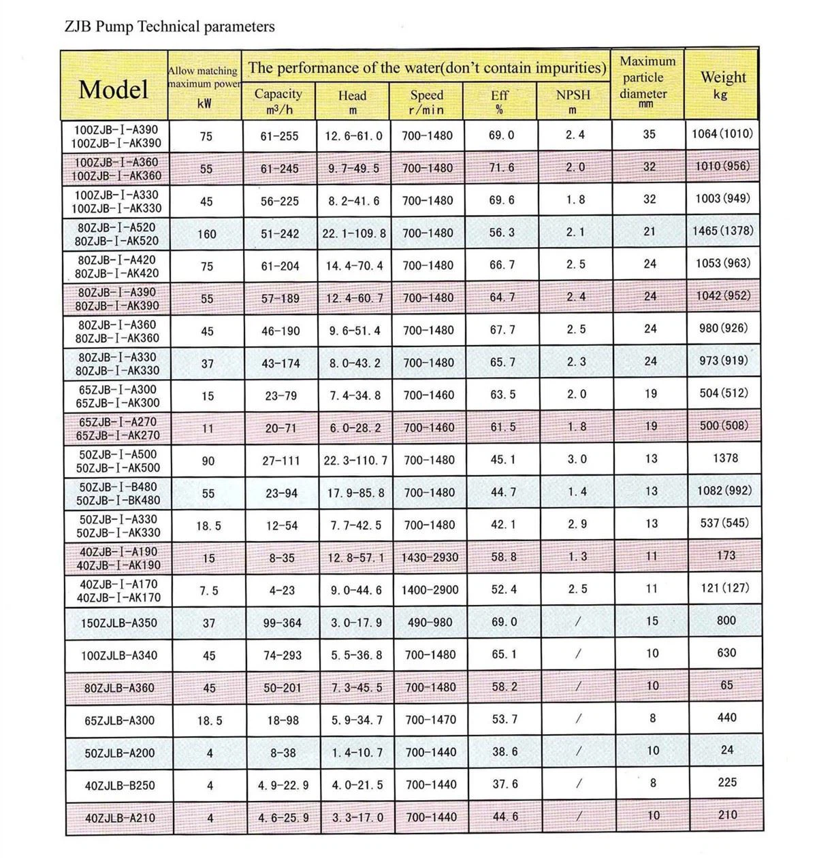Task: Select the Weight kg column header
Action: pos(722,84)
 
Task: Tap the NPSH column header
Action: pos(573,101)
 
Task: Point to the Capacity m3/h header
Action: pos(278,101)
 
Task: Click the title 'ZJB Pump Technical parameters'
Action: pos(170,27)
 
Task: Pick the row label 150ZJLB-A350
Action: pos(121,623)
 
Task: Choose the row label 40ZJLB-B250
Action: pos(119,785)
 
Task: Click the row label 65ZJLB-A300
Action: pos(120,720)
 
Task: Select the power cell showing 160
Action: pos(206,234)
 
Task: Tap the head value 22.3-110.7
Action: pos(355,461)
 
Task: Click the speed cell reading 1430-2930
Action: pos(430,557)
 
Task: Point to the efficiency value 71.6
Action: pos(502,167)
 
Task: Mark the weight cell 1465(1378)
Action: pos(722,231)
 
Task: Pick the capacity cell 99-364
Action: pos(280,623)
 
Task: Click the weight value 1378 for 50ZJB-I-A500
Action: pos(725,458)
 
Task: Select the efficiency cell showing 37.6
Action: pos(504,784)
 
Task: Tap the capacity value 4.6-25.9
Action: pos(283,817)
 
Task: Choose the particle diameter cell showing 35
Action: pos(649,134)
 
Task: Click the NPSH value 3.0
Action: pos(577,459)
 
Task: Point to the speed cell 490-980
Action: pos(430,623)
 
